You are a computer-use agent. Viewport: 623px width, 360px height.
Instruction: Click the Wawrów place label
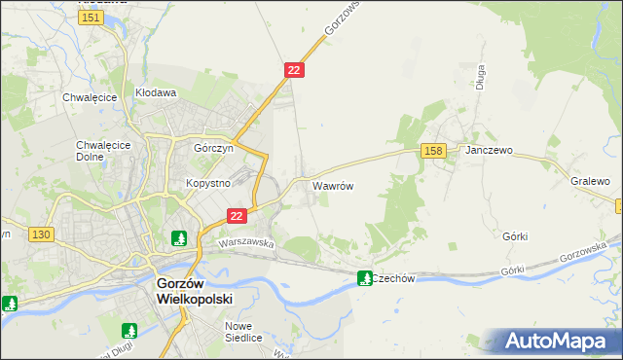[332, 185]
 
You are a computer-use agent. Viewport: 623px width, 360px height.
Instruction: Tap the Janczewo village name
[489, 152]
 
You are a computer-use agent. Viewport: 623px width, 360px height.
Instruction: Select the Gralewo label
[590, 182]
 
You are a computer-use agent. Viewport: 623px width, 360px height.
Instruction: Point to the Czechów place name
[394, 278]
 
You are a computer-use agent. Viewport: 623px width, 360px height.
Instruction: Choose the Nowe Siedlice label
[244, 332]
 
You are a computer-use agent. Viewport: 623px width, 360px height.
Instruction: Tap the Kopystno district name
[207, 183]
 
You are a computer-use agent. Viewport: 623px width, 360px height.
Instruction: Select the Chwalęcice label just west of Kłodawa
[90, 97]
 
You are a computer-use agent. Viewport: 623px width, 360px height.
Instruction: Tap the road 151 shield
[92, 18]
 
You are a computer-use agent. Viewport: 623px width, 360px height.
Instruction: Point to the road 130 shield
[40, 234]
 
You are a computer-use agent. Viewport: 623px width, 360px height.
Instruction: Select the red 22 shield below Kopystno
[236, 215]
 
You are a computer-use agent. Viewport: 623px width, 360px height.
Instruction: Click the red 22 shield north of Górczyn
[295, 70]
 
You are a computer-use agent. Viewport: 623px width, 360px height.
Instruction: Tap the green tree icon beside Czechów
[365, 278]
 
